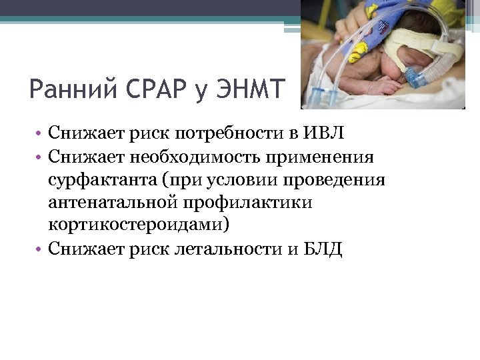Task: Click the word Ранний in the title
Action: (x=75, y=89)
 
